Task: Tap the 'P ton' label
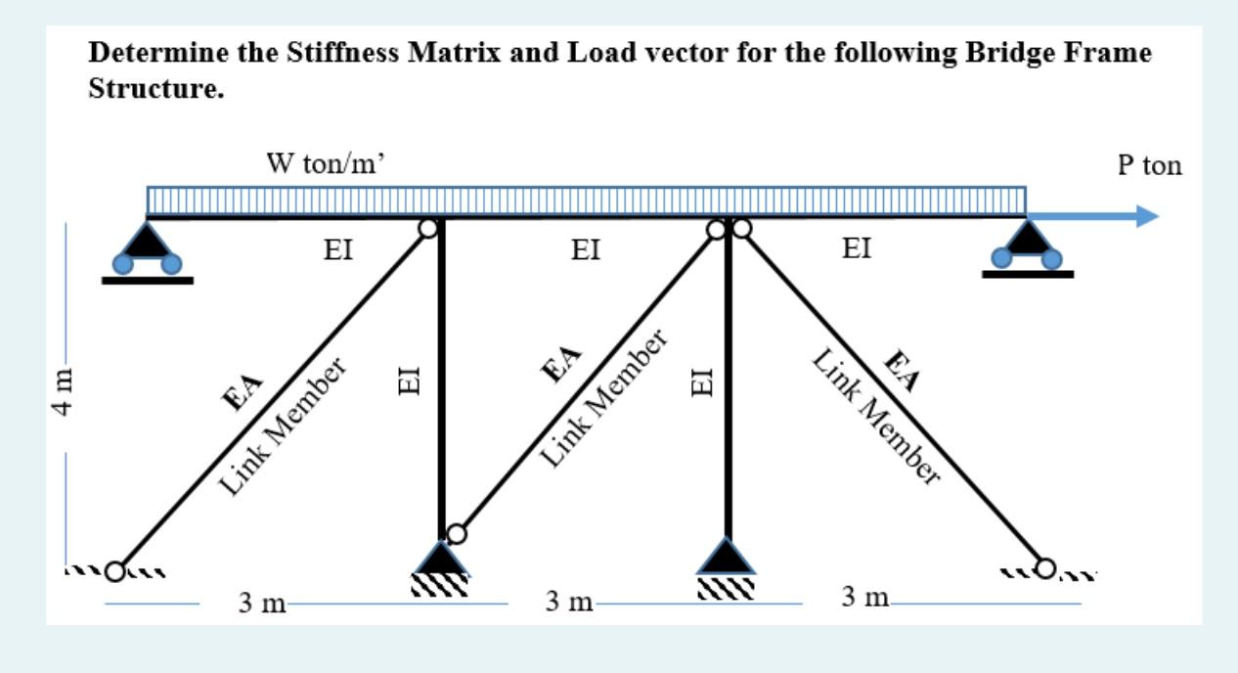pos(1149,165)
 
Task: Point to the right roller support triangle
pos(1027,241)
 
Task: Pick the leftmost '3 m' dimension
pos(262,603)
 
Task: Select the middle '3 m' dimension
pos(570,603)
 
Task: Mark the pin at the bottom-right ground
pos(1047,567)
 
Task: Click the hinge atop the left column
pos(428,229)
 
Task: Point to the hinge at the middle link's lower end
pos(457,533)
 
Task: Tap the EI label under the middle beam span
pos(586,250)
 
